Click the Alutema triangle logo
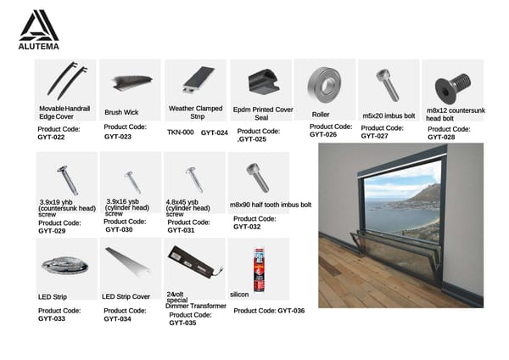point(39,25)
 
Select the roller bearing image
point(324,85)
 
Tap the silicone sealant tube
point(260,270)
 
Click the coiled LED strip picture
point(65,267)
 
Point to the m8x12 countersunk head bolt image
point(452,88)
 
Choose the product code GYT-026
point(323,134)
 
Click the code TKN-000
point(181,132)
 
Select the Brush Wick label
point(121,112)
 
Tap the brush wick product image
point(131,82)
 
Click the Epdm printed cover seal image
point(264,82)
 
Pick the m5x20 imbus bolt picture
point(388,85)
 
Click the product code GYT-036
point(291,311)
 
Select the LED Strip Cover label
point(126,296)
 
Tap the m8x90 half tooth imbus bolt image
point(258,177)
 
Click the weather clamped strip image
point(199,80)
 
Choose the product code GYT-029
point(52,231)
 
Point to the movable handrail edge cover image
point(67,81)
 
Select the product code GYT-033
point(52,318)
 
